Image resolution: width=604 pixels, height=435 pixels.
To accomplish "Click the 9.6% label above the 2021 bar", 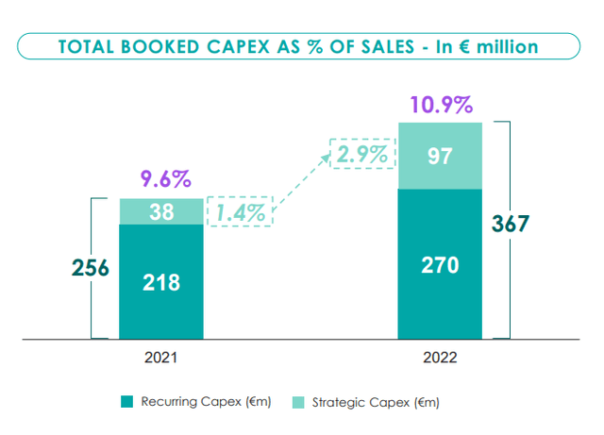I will tap(160, 178).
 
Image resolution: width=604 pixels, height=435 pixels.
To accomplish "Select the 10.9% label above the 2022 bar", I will tap(440, 104).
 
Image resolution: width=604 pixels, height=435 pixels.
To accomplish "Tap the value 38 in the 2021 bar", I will tap(160, 212).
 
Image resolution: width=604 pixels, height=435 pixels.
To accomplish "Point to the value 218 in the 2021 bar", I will tap(160, 281).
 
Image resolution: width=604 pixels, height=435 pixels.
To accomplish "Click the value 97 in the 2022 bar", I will tap(440, 156).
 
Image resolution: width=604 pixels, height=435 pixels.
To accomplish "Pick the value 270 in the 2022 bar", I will tap(440, 265).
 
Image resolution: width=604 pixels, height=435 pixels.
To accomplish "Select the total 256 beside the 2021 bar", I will tap(92, 268).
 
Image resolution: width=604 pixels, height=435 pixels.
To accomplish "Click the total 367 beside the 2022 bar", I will tap(511, 225).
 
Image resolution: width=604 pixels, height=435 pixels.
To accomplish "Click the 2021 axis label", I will tap(160, 360).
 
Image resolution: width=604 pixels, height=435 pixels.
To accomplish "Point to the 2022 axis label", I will tap(440, 360).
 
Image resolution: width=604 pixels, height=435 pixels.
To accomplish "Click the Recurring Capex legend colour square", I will tap(127, 403).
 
